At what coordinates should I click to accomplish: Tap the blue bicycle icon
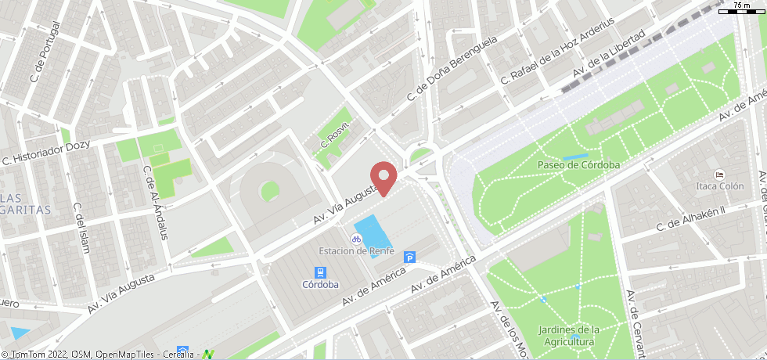coord(356,238)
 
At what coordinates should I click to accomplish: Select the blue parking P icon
coord(409,257)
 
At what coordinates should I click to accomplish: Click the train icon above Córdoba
coord(320,272)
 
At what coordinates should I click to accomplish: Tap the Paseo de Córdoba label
coord(578,165)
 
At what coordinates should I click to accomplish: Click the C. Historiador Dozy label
coord(47,153)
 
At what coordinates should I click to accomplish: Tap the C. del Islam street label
coord(81,228)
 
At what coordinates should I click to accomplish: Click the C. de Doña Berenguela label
coord(452,70)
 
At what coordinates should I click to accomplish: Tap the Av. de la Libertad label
coord(608,54)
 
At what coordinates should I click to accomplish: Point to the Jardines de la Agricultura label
coord(569,336)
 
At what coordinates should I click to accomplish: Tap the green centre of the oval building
coord(270,189)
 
